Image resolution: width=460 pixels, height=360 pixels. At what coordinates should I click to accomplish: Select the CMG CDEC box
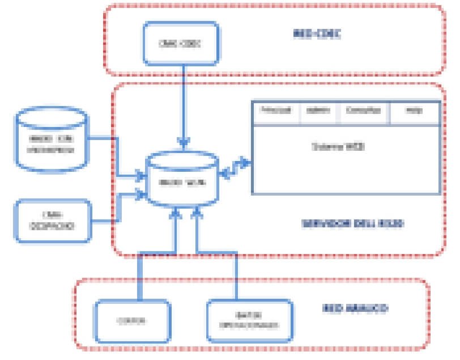(x=181, y=43)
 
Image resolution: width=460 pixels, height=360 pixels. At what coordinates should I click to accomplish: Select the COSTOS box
(x=133, y=320)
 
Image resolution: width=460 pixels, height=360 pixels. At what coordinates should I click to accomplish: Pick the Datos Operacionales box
(x=249, y=321)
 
